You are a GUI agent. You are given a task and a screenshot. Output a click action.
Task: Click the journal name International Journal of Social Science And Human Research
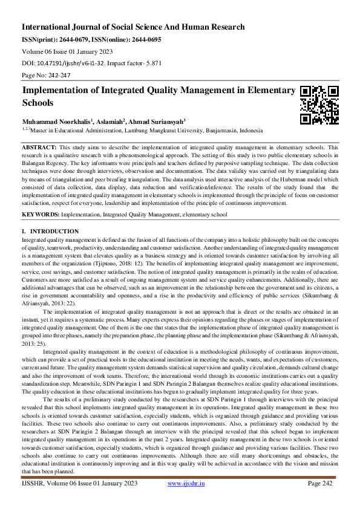pyautogui.click(x=133, y=27)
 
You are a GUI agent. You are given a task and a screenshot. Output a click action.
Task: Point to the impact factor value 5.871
pyautogui.click(x=148, y=62)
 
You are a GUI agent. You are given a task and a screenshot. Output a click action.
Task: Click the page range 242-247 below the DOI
pyautogui.click(x=56, y=74)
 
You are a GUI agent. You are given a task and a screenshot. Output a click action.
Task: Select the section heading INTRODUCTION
pyautogui.click(x=54, y=232)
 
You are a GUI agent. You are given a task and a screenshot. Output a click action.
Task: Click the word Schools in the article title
pyautogui.click(x=38, y=103)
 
